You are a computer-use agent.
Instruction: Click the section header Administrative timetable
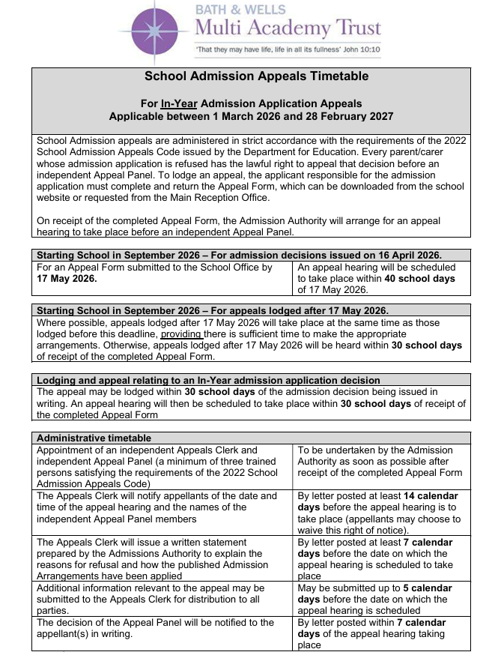(94, 438)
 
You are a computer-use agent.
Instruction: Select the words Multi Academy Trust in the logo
(288, 28)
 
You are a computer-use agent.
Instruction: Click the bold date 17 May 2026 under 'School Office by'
(67, 278)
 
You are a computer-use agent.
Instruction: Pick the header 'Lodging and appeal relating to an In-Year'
(208, 380)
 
